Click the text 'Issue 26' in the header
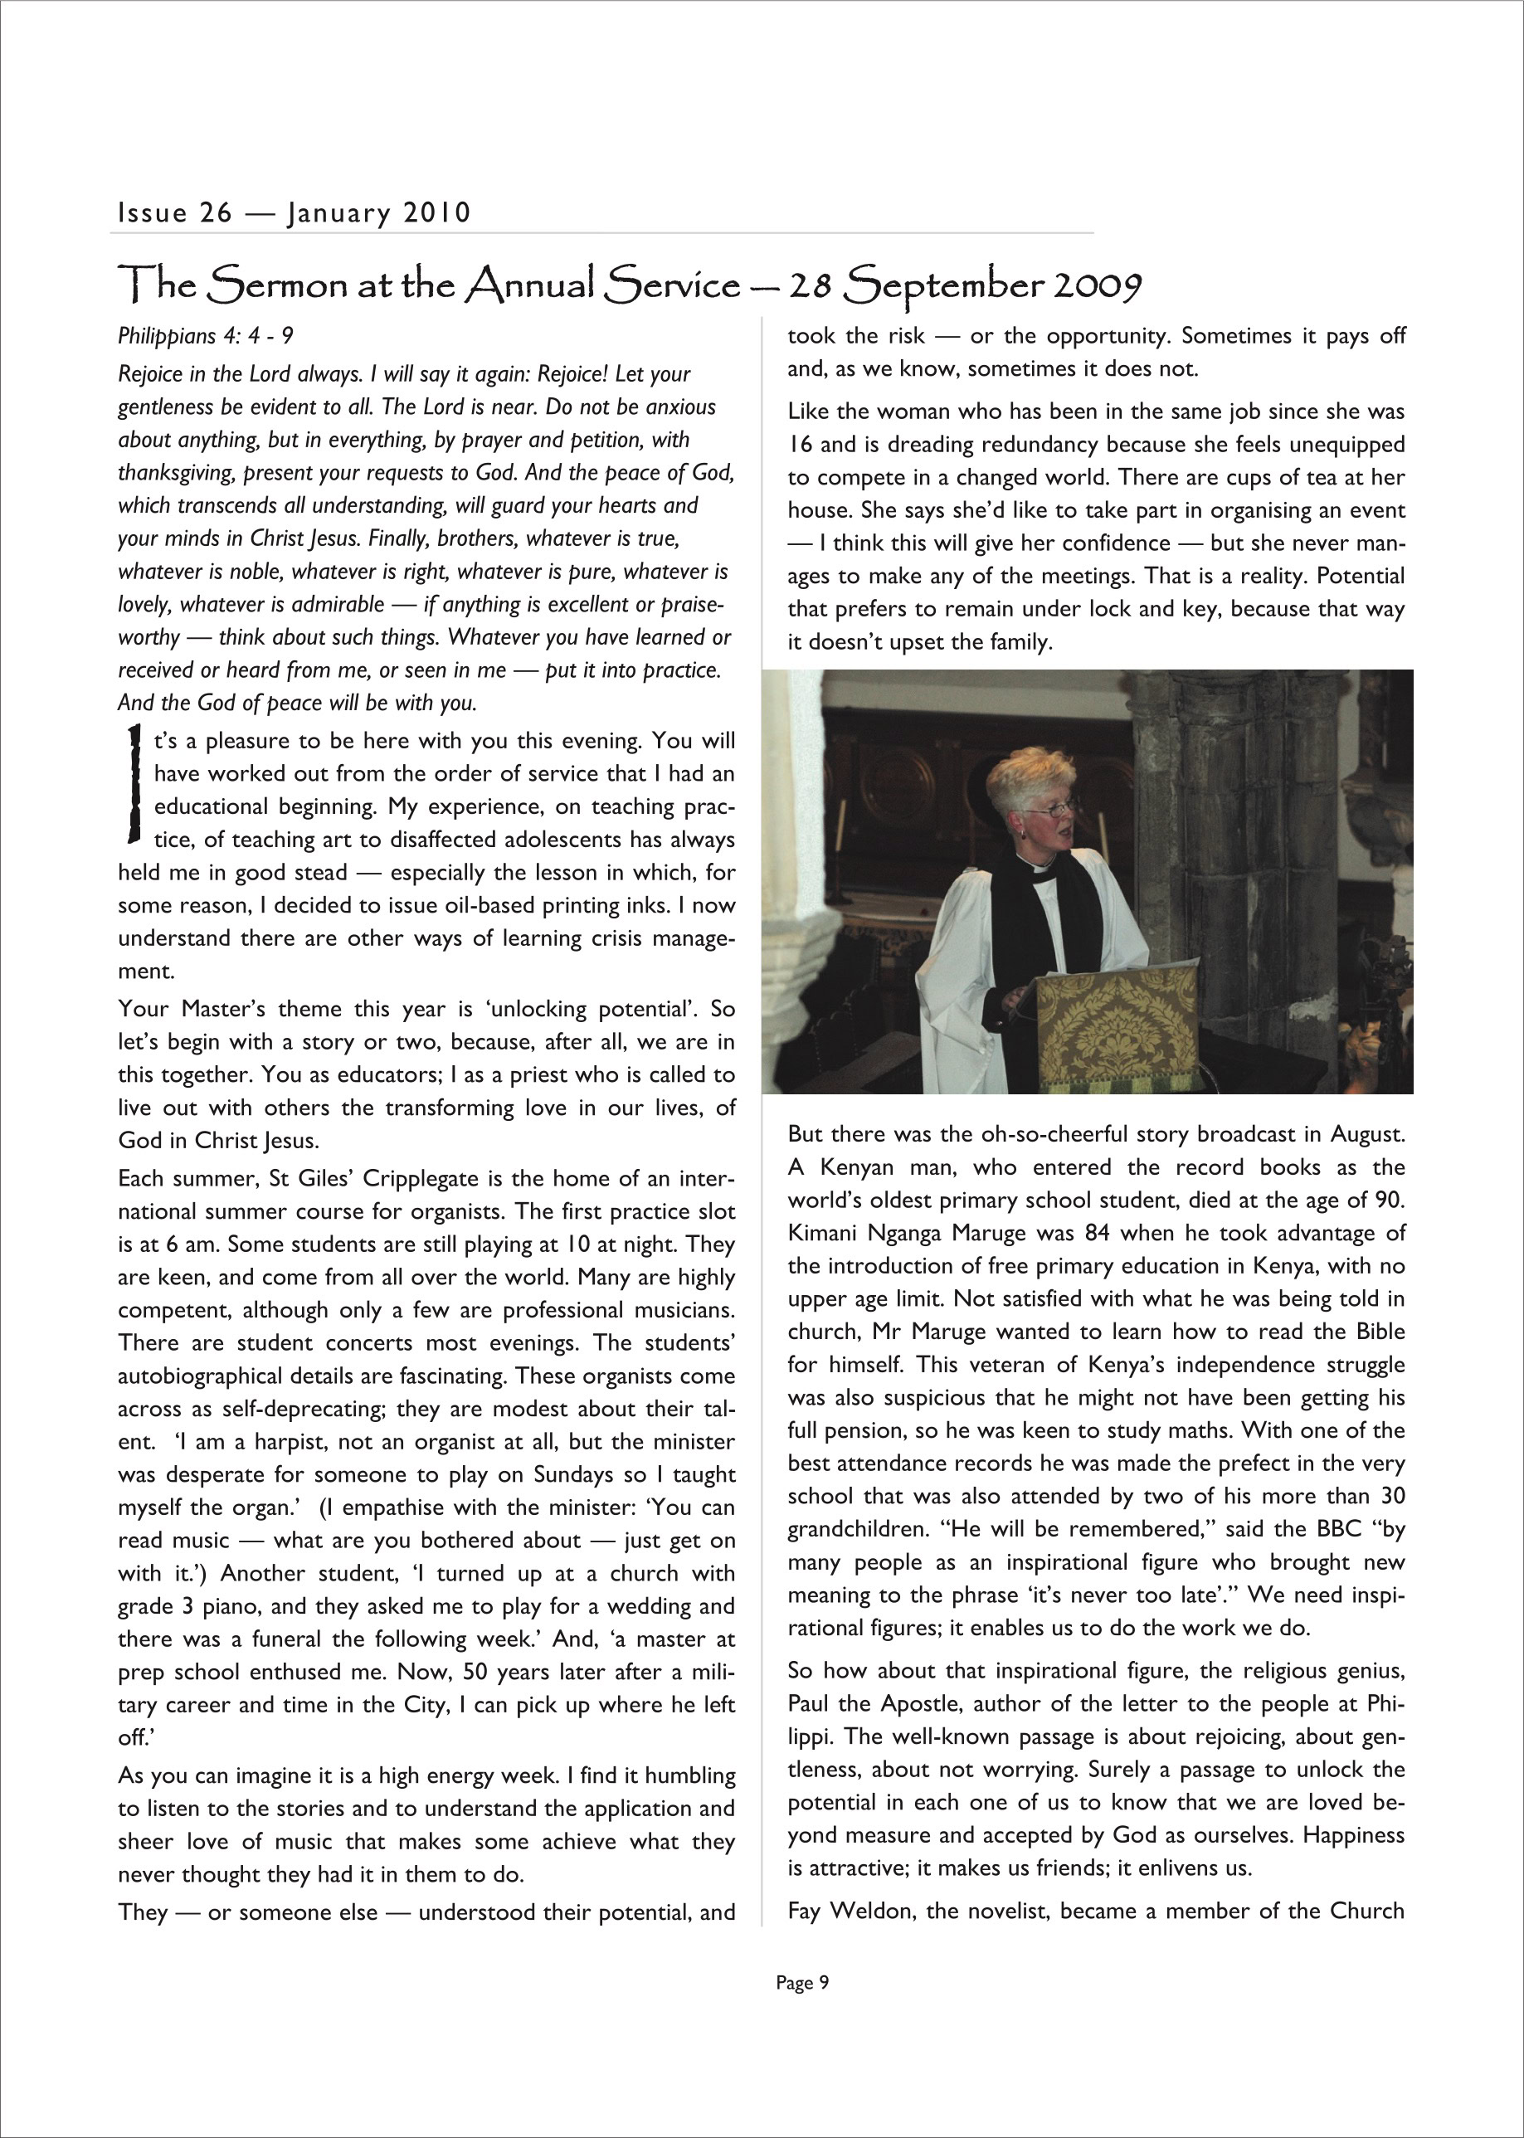pyautogui.click(x=174, y=213)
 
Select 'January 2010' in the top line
pyautogui.click(x=378, y=213)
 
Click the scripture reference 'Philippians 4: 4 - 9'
pyautogui.click(x=206, y=336)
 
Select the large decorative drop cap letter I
pyautogui.click(x=134, y=784)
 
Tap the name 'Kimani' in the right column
pyautogui.click(x=822, y=1233)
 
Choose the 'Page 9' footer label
pyautogui.click(x=802, y=1982)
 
